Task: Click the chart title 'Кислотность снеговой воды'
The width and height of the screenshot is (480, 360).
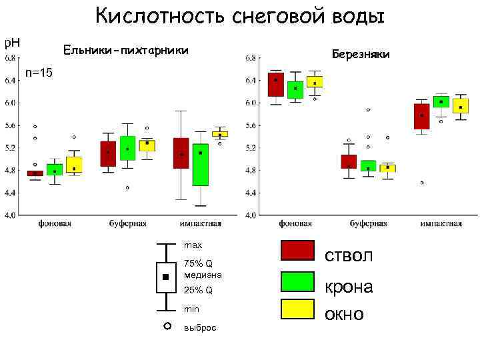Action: [x=240, y=15]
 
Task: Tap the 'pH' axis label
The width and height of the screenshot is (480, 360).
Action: [x=12, y=43]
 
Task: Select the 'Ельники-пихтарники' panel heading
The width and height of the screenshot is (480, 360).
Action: [x=125, y=50]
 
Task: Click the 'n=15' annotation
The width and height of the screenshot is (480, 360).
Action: [x=39, y=72]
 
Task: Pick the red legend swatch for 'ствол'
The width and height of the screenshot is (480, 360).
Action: [x=297, y=251]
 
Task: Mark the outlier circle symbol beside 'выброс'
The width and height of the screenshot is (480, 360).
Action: [x=167, y=326]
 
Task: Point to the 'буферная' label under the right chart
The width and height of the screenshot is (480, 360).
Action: [x=367, y=224]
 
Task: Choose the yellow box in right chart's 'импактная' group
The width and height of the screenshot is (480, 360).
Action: [x=461, y=105]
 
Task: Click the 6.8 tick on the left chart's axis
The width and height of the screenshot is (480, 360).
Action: [x=13, y=59]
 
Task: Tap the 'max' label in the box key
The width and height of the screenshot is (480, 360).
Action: [x=193, y=245]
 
